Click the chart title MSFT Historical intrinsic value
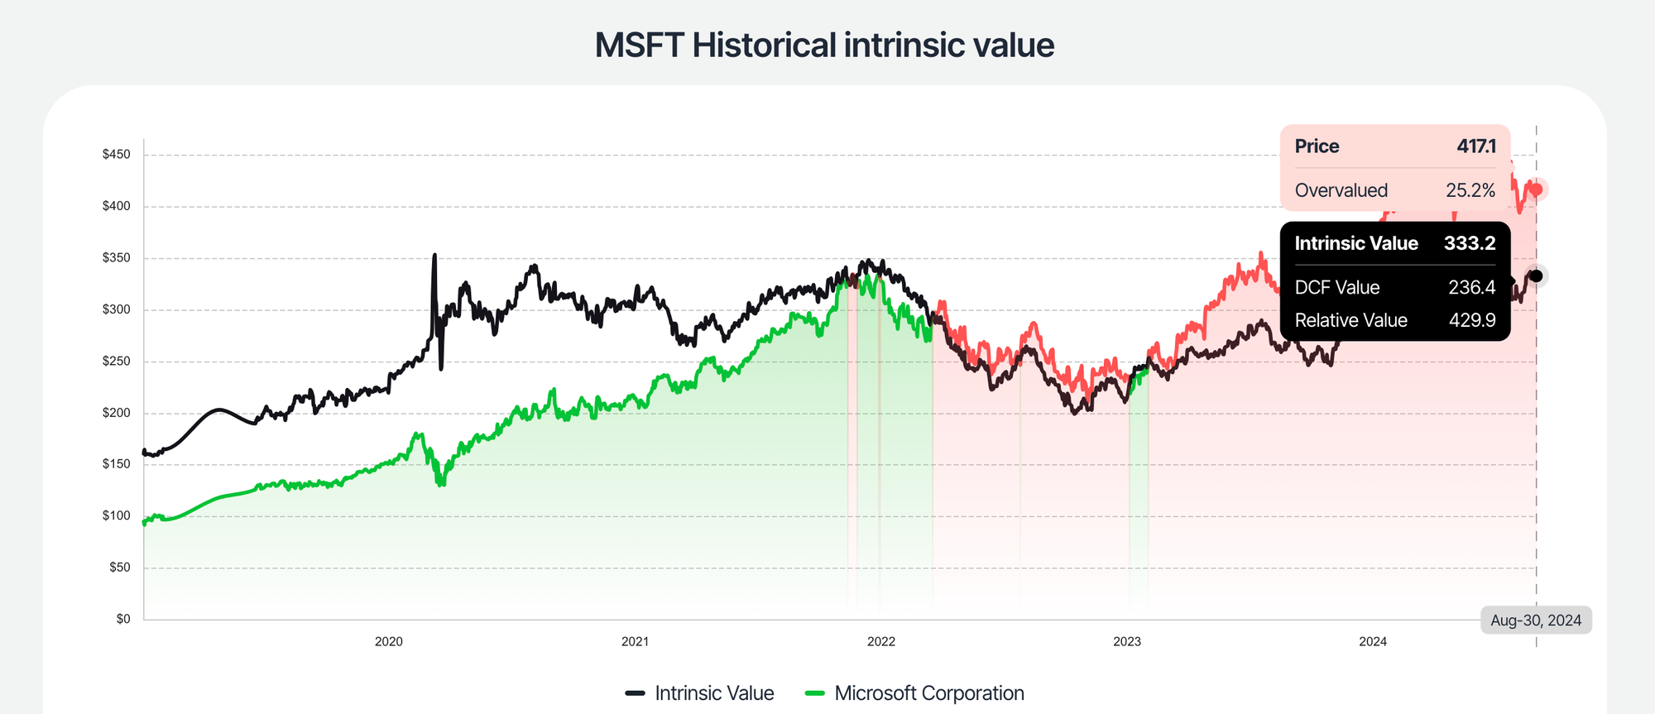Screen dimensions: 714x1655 (824, 45)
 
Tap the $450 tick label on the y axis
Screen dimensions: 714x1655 (116, 155)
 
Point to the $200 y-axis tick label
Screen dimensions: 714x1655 (116, 413)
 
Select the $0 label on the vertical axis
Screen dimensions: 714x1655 (122, 619)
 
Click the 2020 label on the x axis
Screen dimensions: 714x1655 (388, 641)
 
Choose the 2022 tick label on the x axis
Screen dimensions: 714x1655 (880, 641)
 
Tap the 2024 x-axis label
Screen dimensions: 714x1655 (1373, 641)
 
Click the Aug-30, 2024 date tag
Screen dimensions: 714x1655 (1535, 621)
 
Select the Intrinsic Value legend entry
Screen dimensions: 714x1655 (700, 693)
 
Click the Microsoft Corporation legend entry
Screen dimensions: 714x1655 (914, 693)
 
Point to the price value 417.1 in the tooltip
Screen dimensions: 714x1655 (1475, 146)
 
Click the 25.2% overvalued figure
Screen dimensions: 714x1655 (1470, 190)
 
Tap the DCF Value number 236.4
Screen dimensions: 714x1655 (1471, 287)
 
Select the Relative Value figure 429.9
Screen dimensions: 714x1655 (1471, 320)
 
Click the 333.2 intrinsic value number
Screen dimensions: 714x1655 (1469, 243)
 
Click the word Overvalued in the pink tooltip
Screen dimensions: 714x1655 (1341, 190)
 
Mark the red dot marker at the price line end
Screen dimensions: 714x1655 (1537, 189)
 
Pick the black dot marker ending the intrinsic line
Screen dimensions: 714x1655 (1537, 276)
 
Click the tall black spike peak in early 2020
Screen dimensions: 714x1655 (434, 256)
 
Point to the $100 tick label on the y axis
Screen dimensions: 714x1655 (116, 515)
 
